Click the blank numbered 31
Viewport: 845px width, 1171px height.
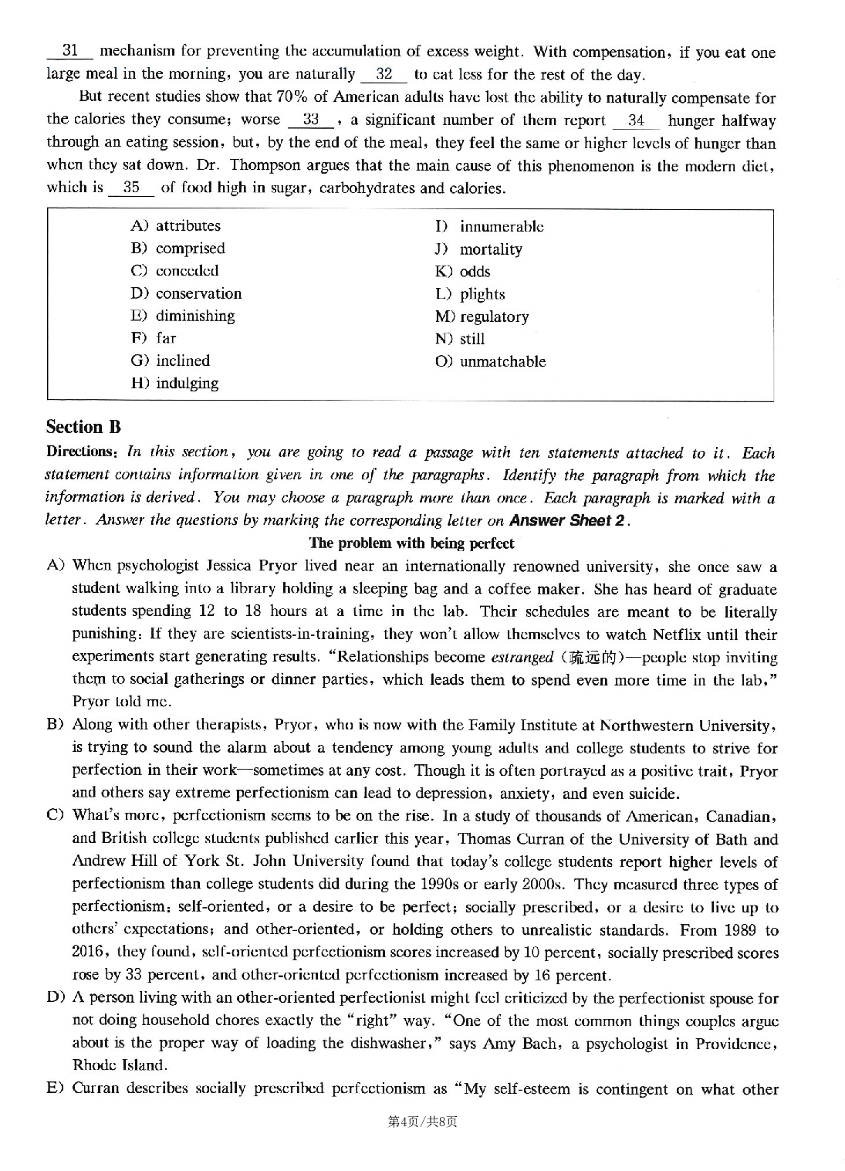point(70,52)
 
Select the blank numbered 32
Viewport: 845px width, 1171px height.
point(384,75)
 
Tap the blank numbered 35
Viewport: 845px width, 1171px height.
point(131,188)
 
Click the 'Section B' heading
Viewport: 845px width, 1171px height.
point(83,427)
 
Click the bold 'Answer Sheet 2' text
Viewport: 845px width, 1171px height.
point(567,520)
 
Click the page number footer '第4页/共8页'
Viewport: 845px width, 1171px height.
point(422,1122)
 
